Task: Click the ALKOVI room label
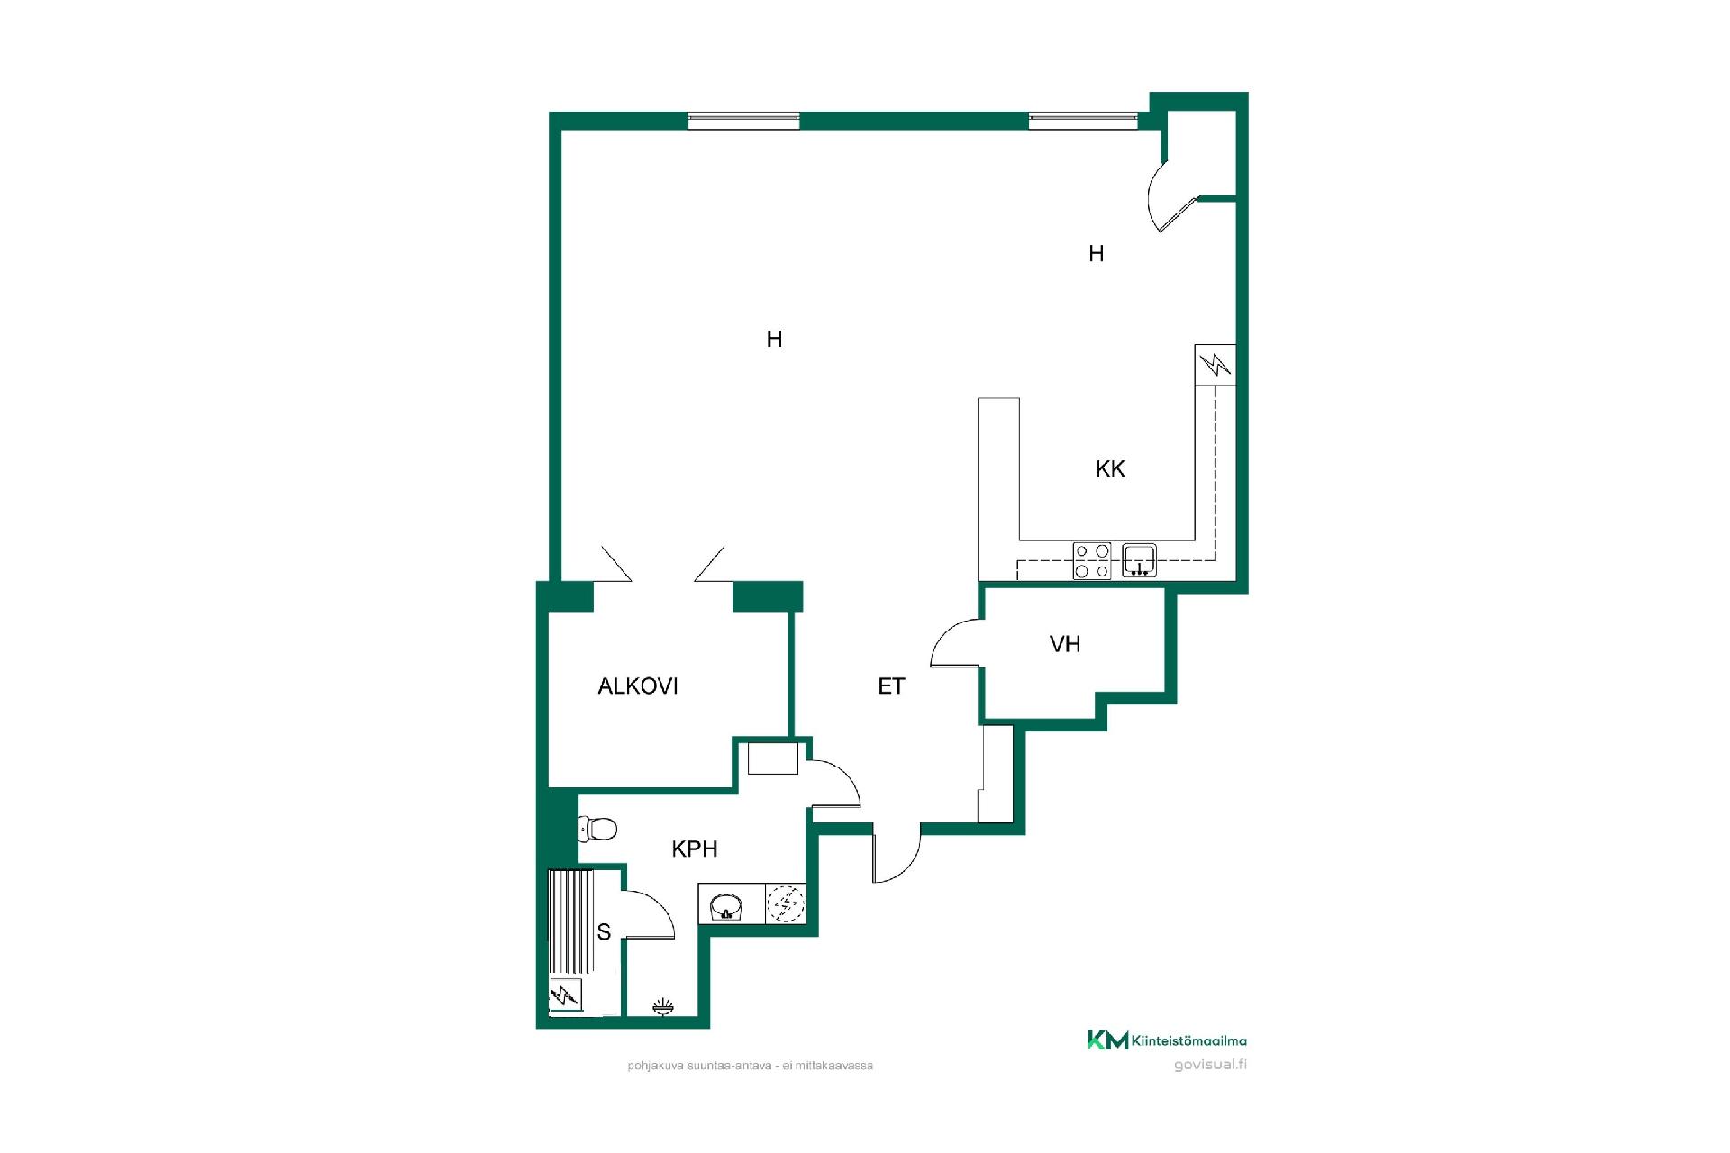tap(638, 686)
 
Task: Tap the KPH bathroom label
tap(695, 849)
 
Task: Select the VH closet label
tap(1065, 644)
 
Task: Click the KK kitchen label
tap(1110, 468)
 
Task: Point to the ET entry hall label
tap(891, 686)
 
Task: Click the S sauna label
tap(604, 932)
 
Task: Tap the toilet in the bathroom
tap(597, 828)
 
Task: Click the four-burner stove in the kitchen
tap(1091, 560)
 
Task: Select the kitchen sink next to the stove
tap(1140, 560)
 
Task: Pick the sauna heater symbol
tap(566, 995)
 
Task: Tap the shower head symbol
tap(662, 1006)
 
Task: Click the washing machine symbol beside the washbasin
tap(786, 904)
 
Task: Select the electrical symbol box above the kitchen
tap(1216, 365)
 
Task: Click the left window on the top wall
tap(744, 121)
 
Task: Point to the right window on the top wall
tap(1084, 121)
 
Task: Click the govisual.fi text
tap(1211, 1066)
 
